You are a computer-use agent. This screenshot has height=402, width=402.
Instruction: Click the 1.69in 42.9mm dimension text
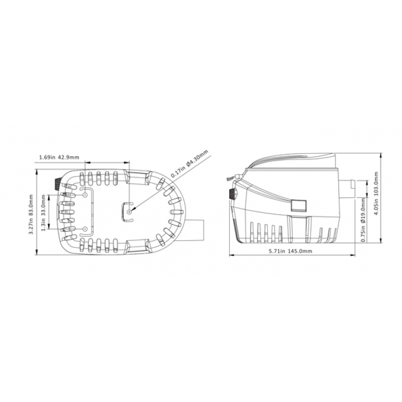click(x=59, y=157)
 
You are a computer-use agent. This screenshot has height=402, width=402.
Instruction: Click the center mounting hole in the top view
click(x=130, y=212)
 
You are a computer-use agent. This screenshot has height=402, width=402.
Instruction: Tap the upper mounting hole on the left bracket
click(x=85, y=196)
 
